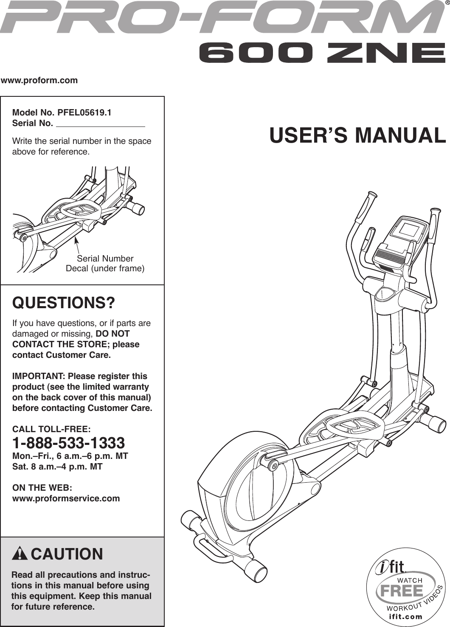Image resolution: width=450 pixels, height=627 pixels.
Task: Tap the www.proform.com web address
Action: click(39, 80)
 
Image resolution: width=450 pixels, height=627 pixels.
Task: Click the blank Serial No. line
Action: click(100, 124)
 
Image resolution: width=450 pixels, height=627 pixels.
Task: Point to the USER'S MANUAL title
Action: click(357, 135)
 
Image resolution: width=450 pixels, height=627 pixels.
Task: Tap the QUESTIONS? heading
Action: click(64, 304)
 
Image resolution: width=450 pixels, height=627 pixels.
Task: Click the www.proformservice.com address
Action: click(66, 498)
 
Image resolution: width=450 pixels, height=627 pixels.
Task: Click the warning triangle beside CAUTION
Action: click(20, 554)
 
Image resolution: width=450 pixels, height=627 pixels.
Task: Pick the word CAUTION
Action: click(67, 554)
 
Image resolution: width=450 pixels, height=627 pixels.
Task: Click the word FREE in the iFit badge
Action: click(402, 590)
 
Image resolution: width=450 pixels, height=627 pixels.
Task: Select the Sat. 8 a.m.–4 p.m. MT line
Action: click(57, 467)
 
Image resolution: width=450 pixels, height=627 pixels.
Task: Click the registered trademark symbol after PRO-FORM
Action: click(447, 3)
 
